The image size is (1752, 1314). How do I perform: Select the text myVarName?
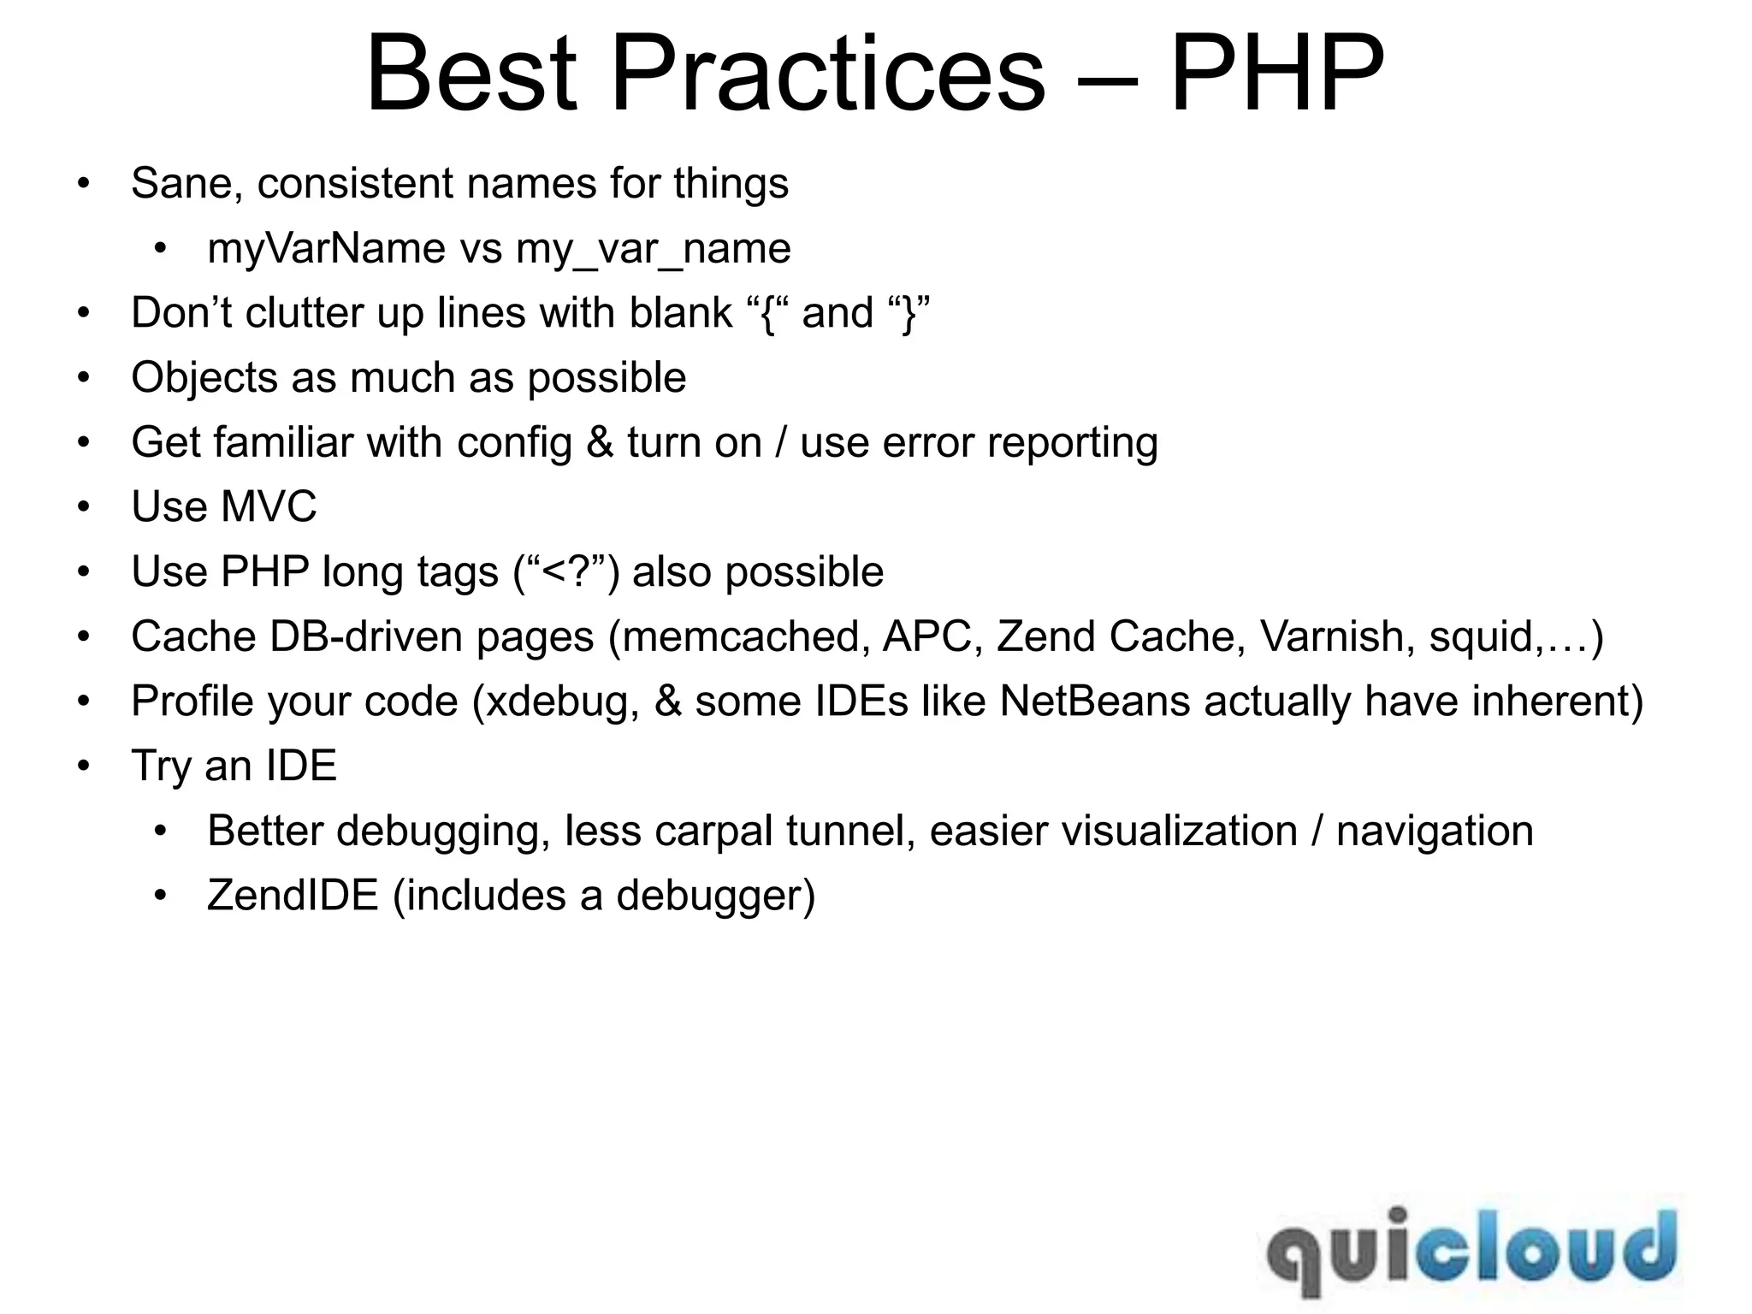click(326, 249)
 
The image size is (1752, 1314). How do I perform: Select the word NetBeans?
click(1094, 701)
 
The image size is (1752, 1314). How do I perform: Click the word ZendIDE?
click(293, 896)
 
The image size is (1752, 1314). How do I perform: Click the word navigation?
click(1435, 832)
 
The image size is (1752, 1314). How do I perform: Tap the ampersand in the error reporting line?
click(600, 443)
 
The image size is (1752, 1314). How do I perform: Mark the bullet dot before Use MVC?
click(83, 507)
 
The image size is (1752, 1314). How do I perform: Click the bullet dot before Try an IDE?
click(83, 766)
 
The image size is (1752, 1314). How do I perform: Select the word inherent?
click(1549, 701)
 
